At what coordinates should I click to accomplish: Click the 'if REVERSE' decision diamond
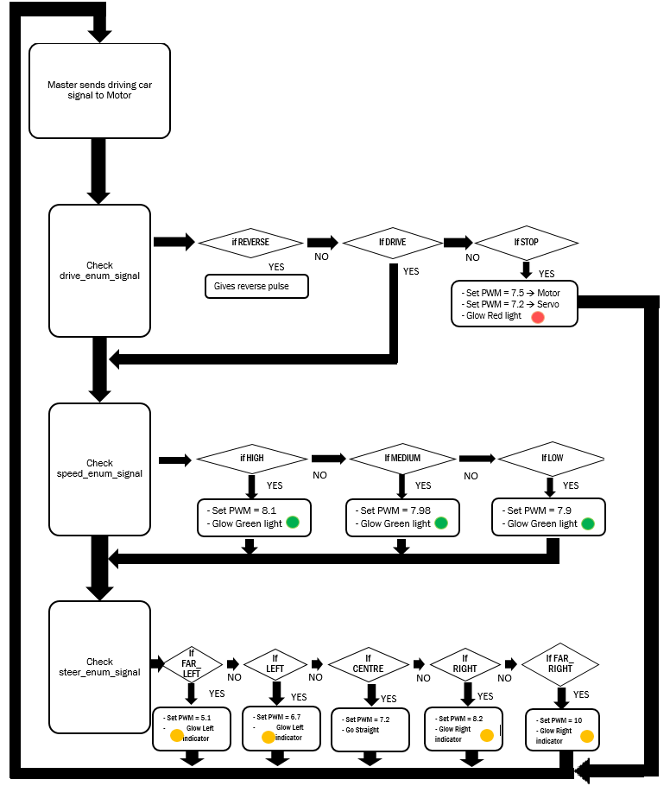pyautogui.click(x=250, y=243)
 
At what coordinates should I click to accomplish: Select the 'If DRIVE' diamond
pyautogui.click(x=392, y=243)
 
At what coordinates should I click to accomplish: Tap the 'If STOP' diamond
pyautogui.click(x=526, y=243)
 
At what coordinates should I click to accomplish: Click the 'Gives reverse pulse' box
pyautogui.click(x=256, y=286)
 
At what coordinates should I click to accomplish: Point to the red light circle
pyautogui.click(x=538, y=317)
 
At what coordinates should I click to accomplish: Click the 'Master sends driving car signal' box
pyautogui.click(x=100, y=91)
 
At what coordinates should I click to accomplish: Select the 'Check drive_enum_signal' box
pyautogui.click(x=100, y=270)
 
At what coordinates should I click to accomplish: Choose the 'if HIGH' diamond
pyautogui.click(x=251, y=459)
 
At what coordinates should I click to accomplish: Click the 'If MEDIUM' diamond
pyautogui.click(x=402, y=459)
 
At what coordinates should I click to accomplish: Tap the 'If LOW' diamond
pyautogui.click(x=552, y=459)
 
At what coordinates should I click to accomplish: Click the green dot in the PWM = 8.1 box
pyautogui.click(x=293, y=523)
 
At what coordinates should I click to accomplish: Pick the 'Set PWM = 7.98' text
pyautogui.click(x=393, y=510)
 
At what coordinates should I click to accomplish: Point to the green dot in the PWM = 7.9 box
pyautogui.click(x=588, y=523)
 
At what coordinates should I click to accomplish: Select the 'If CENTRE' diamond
pyautogui.click(x=369, y=664)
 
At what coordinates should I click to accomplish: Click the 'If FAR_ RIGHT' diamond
pyautogui.click(x=560, y=664)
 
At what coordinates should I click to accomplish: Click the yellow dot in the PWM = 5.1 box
pyautogui.click(x=177, y=735)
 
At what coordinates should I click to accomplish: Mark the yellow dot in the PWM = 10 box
pyautogui.click(x=587, y=736)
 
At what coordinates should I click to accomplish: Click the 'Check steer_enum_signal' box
pyautogui.click(x=100, y=667)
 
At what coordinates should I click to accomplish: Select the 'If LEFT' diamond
pyautogui.click(x=275, y=664)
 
